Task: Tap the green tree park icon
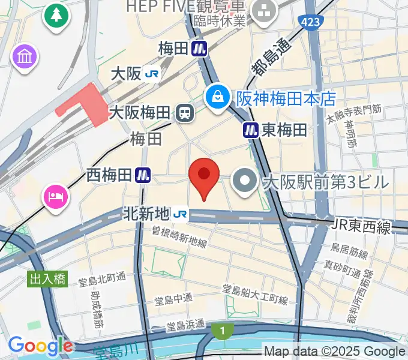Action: point(56,14)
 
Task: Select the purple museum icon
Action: point(25,58)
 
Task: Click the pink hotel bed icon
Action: point(56,196)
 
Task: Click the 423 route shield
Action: point(311,23)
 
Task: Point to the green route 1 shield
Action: point(222,329)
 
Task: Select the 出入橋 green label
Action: point(47,278)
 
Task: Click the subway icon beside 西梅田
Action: point(142,175)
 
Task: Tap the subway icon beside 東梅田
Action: point(251,130)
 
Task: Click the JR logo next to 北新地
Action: point(180,213)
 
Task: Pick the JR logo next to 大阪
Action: point(153,74)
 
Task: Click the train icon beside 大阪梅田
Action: point(183,112)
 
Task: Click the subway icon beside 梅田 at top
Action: point(199,48)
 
